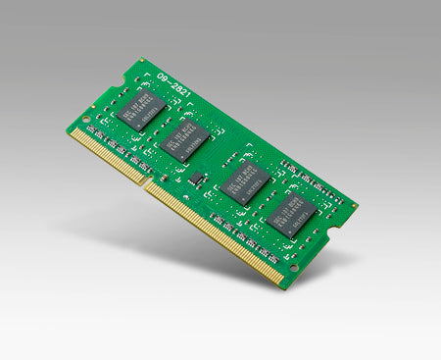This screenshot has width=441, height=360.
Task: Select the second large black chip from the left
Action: (x=183, y=139)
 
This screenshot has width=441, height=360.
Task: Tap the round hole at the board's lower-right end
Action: (x=293, y=266)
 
